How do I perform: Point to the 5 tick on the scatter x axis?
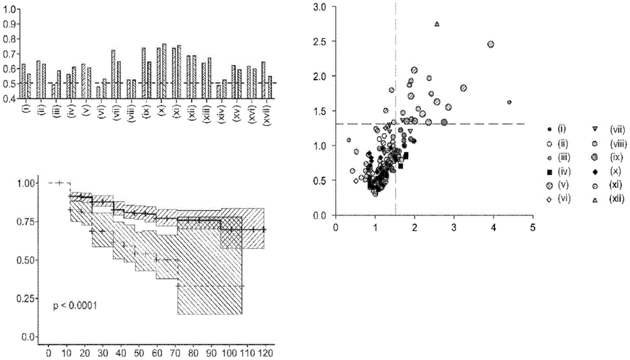pos(532,228)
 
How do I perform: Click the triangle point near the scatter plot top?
pos(437,24)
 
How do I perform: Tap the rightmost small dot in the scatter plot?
pos(509,102)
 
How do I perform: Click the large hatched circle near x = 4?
pos(491,44)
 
